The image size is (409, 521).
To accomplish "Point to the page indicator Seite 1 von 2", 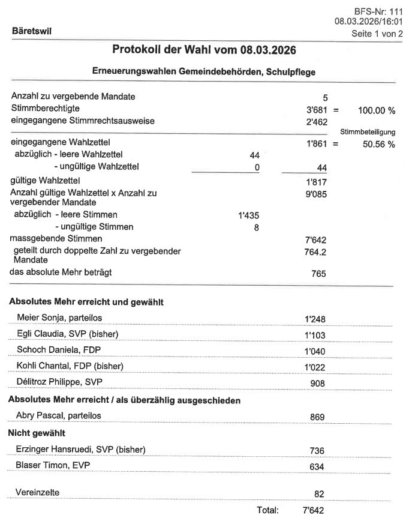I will [376, 34].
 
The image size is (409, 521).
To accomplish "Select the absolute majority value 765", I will [318, 274].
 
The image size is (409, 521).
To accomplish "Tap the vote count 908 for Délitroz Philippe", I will [317, 382].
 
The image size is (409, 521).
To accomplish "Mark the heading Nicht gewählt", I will [36, 432].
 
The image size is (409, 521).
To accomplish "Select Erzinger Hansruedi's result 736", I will [317, 450].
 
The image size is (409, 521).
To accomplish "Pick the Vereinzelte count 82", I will [319, 493].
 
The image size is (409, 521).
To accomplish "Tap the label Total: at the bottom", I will [267, 510].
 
